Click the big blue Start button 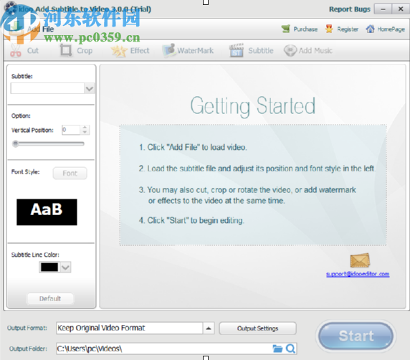tap(356, 336)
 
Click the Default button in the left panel tap(49, 298)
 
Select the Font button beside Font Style tap(70, 173)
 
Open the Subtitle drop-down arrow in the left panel tap(90, 89)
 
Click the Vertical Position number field tap(71, 130)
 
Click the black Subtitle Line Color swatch tap(49, 267)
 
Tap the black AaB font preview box tap(47, 212)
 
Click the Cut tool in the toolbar tap(25, 51)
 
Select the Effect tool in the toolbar tap(131, 51)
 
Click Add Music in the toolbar tap(308, 51)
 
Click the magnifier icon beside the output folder tap(291, 349)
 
